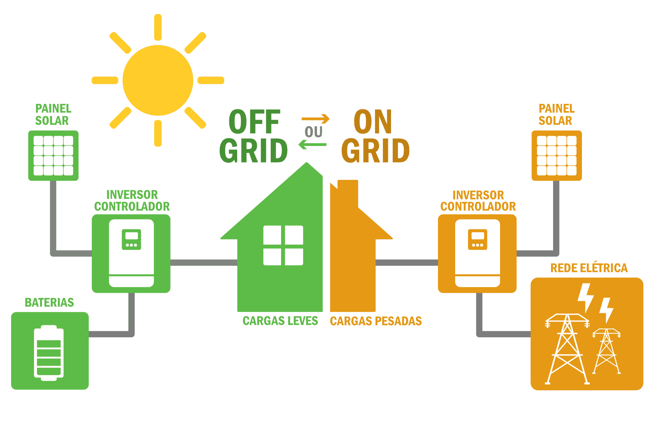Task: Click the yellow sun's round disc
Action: (x=158, y=80)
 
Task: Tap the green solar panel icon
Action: (x=53, y=156)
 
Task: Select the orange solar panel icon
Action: (x=557, y=156)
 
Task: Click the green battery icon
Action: (x=49, y=353)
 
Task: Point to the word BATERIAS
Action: (x=49, y=303)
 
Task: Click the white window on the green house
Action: (x=283, y=245)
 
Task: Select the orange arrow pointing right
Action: (x=316, y=119)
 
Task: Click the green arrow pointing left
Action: (x=312, y=145)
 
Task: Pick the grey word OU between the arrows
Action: (x=314, y=132)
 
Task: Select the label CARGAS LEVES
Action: (x=280, y=321)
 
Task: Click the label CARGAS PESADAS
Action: (x=376, y=321)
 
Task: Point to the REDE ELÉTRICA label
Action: (x=589, y=268)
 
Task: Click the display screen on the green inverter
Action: (x=132, y=236)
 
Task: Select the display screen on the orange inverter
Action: (x=478, y=236)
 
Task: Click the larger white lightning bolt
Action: (x=585, y=297)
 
